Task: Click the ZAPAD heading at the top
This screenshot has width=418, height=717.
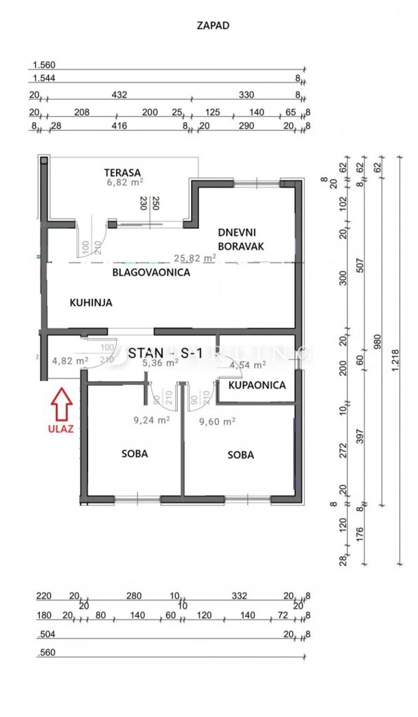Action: coord(214,25)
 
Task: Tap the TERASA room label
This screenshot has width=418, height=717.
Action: coord(123,173)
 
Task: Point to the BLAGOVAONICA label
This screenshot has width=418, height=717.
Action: coord(151,272)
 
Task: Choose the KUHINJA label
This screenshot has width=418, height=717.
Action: coord(91,302)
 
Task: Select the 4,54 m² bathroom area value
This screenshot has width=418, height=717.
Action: coord(248,365)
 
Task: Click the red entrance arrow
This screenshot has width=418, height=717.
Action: coord(62,403)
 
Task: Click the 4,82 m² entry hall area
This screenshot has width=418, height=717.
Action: coord(70,361)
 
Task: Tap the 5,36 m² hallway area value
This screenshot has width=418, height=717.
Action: coord(160,363)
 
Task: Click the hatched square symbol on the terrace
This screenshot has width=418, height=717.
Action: coord(43,161)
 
